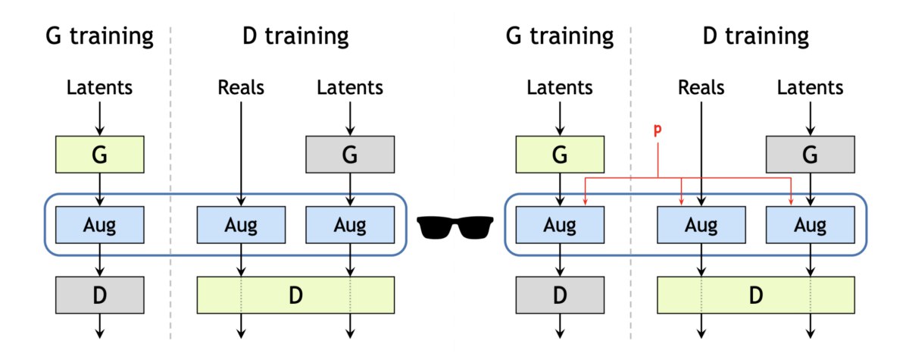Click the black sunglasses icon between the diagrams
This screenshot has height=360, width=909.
coord(455,227)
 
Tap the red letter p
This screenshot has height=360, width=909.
coord(658,130)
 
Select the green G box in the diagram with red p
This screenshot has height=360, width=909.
coord(560,155)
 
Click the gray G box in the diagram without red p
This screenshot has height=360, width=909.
coord(350,155)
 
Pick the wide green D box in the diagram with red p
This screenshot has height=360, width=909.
coord(756,295)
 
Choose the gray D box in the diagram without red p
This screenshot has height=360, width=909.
coord(100,295)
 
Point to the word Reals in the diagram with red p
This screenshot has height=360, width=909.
coord(701,87)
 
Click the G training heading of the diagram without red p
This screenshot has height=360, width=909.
coord(99,36)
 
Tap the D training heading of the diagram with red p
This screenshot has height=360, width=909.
coord(756,36)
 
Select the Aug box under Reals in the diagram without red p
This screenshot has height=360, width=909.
coord(241,225)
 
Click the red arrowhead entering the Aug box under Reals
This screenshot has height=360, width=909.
coord(681,202)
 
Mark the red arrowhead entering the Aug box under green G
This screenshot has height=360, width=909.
coord(585,202)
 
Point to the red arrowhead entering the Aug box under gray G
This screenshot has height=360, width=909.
coord(791,202)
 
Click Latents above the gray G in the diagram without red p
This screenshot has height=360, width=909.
coord(350,87)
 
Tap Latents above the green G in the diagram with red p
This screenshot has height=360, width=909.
coord(560,87)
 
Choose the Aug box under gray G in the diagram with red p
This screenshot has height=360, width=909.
coord(811,225)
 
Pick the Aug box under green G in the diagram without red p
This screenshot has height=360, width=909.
coord(100,225)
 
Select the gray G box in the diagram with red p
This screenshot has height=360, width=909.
coord(811,155)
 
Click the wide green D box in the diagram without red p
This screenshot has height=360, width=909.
coord(295,295)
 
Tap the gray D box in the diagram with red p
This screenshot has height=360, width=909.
coord(560,295)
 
